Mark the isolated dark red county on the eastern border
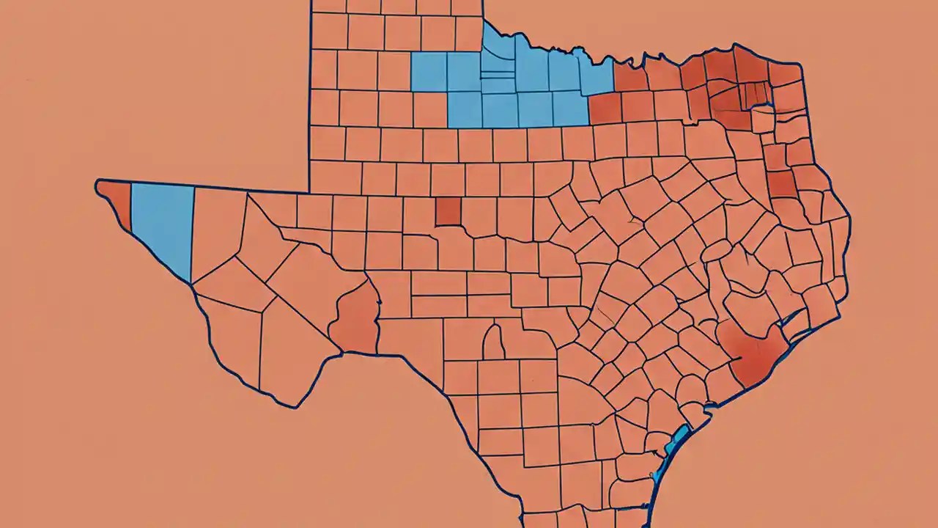tap(781, 183)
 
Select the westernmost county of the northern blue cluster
tap(429, 72)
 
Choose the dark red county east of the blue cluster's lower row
tap(605, 109)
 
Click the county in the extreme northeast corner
tap(786, 73)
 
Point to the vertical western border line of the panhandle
tap(311, 95)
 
